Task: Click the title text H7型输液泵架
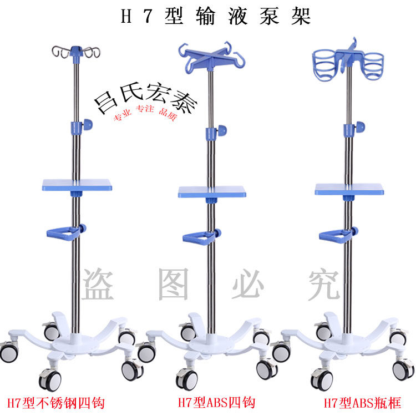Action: point(216,16)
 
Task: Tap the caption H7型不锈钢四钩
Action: point(56,403)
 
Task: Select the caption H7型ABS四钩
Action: point(216,403)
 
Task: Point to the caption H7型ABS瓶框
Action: point(362,403)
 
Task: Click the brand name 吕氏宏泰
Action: point(146,98)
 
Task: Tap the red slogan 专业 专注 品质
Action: point(145,113)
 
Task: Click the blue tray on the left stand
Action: point(77,185)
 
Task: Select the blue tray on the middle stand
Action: point(212,191)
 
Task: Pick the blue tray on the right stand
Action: point(349,189)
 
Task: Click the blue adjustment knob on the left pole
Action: point(88,124)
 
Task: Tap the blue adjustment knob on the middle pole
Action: point(222,130)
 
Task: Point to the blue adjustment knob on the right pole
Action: point(360,127)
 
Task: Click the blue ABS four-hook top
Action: point(211,58)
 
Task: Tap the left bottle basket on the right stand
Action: point(326,64)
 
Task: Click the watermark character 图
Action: point(174,284)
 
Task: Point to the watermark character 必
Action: point(248,284)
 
